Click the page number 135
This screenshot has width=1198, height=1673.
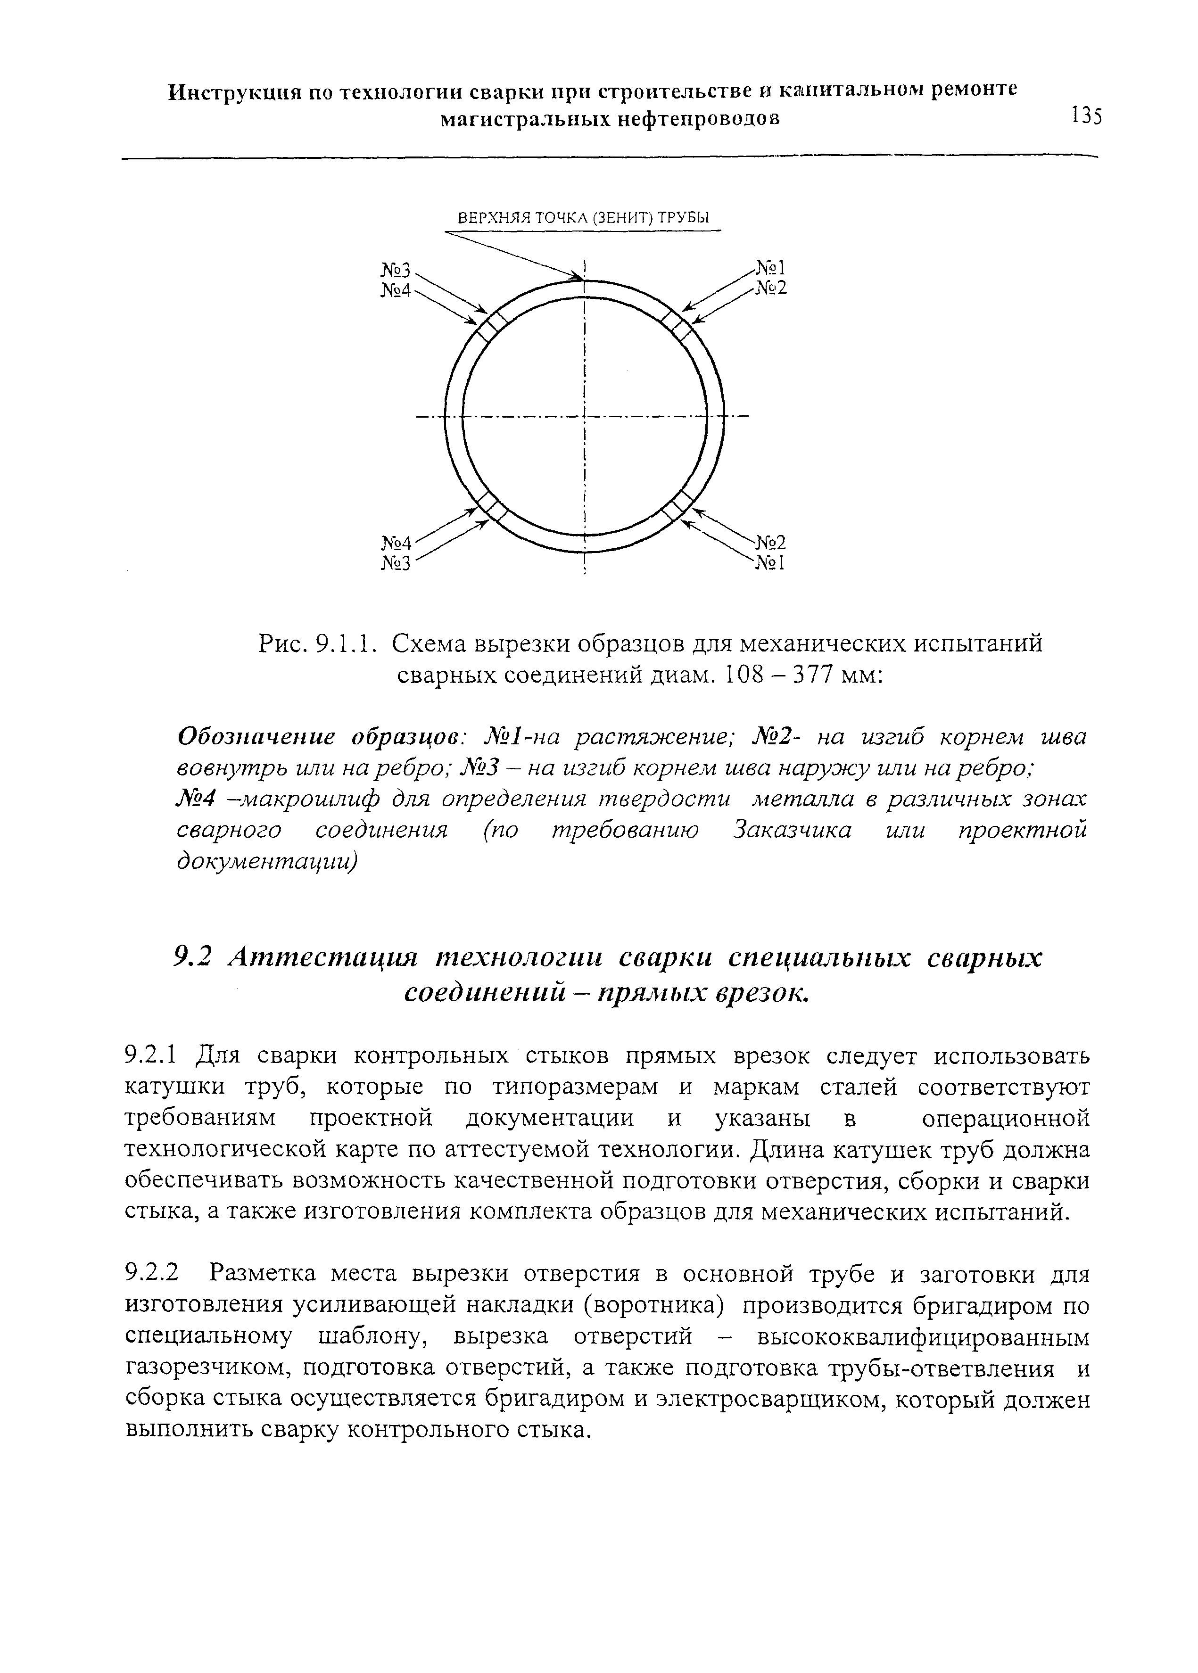pyautogui.click(x=1087, y=116)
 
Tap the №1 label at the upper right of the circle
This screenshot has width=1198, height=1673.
pyautogui.click(x=771, y=268)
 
